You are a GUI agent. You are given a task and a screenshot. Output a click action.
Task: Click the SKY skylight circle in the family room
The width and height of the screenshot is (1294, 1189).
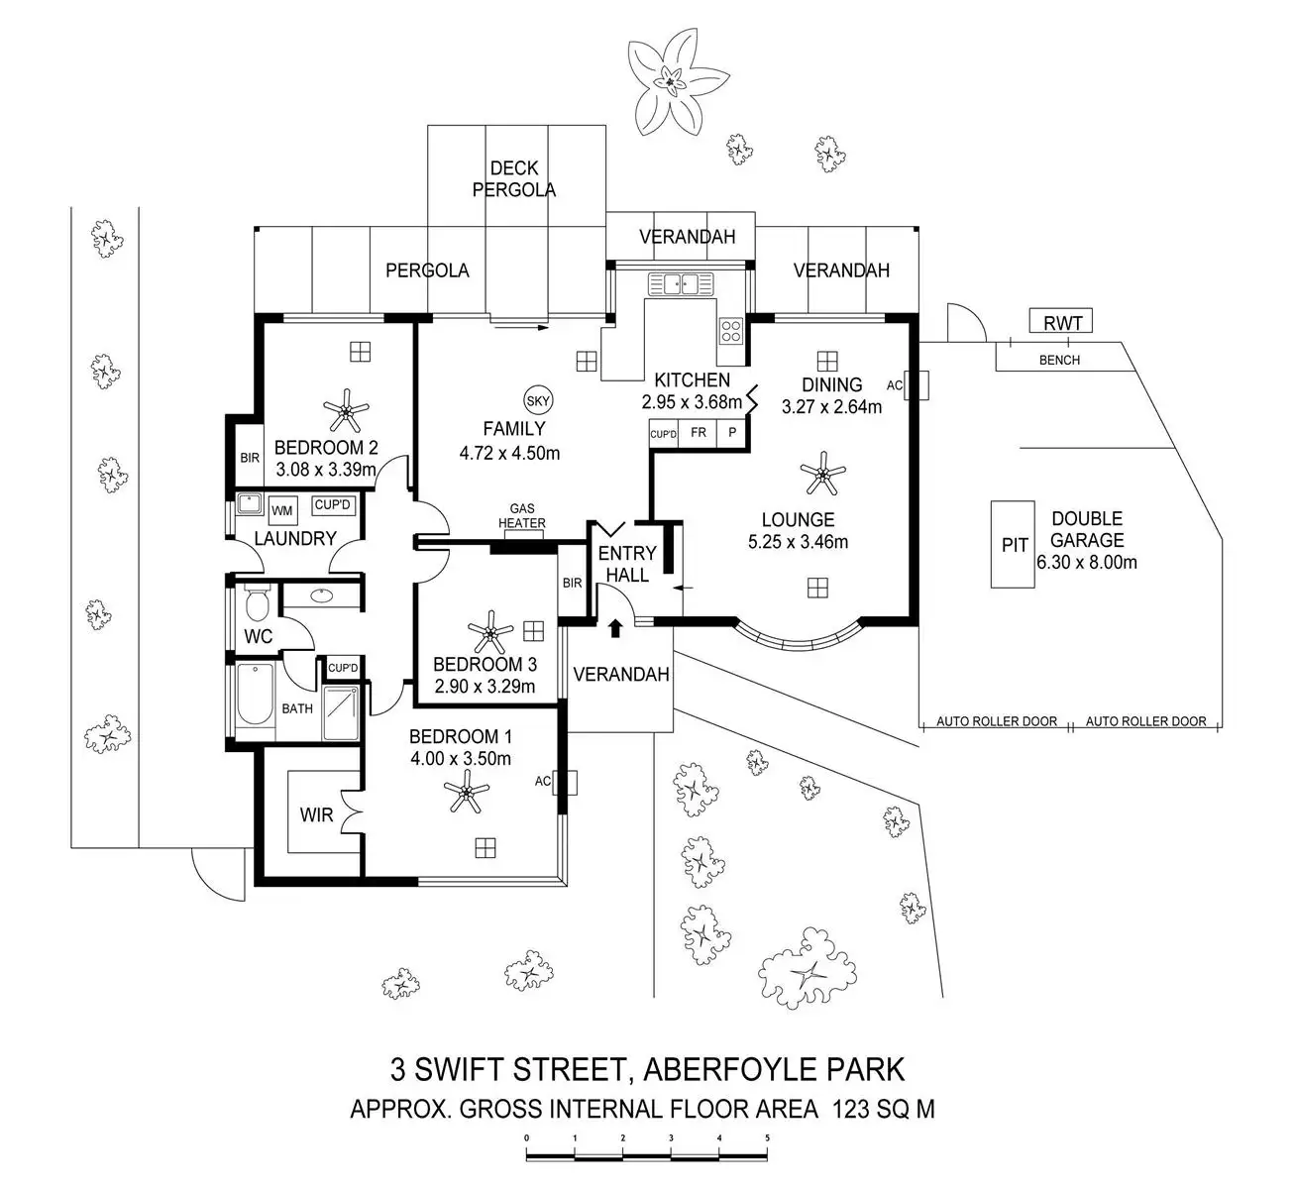(x=538, y=400)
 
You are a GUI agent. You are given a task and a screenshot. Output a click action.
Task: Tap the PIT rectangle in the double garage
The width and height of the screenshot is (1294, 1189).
(x=1014, y=545)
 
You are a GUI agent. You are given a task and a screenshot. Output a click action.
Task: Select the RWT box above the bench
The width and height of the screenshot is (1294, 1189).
(x=1062, y=321)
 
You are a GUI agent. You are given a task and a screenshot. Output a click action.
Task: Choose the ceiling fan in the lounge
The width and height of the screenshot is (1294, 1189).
(x=822, y=473)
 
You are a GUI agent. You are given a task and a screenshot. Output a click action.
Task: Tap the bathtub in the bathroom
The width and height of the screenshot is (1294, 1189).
(x=255, y=700)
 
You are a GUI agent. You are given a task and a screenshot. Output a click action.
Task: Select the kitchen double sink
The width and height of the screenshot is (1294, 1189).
(x=681, y=284)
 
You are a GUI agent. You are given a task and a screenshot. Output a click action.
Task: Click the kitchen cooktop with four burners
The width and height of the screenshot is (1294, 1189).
(x=731, y=330)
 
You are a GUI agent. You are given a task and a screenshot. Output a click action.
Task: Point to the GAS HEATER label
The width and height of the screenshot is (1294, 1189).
(x=522, y=515)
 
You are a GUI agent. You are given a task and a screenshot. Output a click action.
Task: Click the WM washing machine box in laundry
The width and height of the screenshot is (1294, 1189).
(x=282, y=509)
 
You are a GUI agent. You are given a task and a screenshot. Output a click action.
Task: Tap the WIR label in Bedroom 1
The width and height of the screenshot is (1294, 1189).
(x=316, y=815)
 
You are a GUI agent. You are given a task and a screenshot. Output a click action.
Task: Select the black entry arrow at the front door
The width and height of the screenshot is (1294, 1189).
(x=614, y=626)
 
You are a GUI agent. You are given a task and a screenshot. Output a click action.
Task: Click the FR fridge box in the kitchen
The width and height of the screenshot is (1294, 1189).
(x=699, y=433)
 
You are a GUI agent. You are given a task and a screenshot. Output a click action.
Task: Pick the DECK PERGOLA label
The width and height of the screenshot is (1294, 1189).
(x=514, y=178)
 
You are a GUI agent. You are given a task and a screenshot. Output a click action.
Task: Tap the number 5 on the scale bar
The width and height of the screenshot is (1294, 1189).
(x=767, y=1137)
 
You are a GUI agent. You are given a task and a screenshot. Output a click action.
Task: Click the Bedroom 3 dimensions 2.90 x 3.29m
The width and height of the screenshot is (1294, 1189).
(x=485, y=686)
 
